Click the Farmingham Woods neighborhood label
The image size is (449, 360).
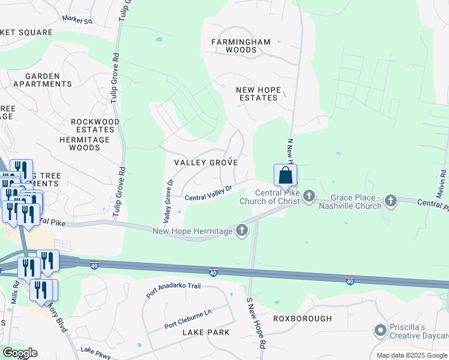click(241, 46)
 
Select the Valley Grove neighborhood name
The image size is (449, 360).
click(206, 163)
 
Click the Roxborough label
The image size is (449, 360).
click(303, 318)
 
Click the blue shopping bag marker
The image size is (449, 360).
click(286, 175)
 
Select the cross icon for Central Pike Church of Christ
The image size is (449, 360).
click(309, 196)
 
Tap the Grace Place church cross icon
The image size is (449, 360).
click(391, 200)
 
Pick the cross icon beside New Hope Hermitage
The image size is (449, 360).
click(242, 230)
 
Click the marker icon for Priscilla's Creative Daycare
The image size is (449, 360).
click(379, 331)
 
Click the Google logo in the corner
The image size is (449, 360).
click(19, 352)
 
